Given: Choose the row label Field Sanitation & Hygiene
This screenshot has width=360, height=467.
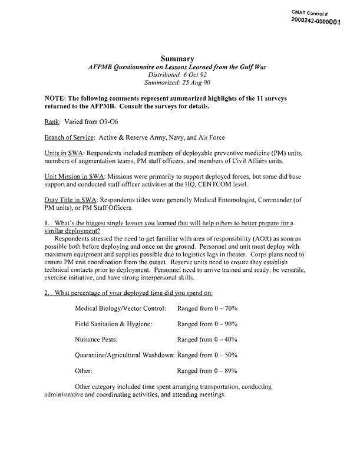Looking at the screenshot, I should tap(114, 324).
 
